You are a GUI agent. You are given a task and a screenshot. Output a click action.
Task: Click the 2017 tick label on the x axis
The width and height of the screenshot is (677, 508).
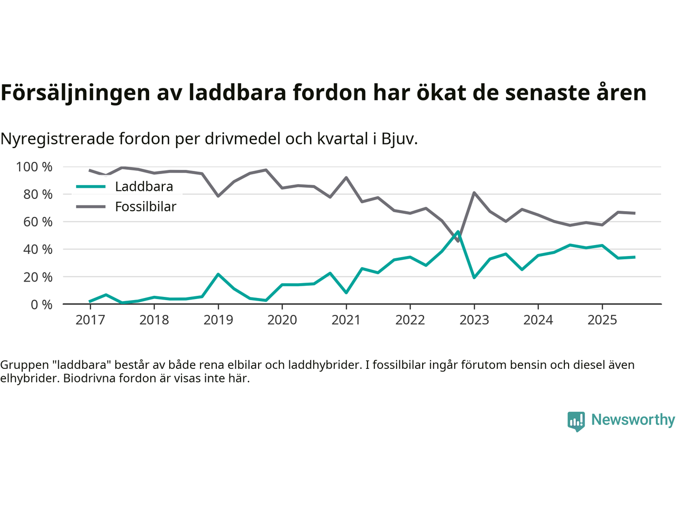pyautogui.click(x=90, y=320)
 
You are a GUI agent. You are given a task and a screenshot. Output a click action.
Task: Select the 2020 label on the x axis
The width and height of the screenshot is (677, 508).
pyautogui.click(x=282, y=320)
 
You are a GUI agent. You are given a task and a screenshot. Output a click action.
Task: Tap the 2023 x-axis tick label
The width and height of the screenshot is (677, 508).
pyautogui.click(x=474, y=320)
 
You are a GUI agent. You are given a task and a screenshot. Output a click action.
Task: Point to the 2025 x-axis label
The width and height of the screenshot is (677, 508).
pyautogui.click(x=602, y=320)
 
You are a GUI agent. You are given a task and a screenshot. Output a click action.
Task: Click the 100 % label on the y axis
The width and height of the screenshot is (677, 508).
pyautogui.click(x=34, y=167)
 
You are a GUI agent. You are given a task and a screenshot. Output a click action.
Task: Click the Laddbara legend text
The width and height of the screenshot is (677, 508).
pyautogui.click(x=144, y=187)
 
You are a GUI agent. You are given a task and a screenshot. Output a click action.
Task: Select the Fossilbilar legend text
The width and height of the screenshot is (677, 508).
pyautogui.click(x=145, y=207)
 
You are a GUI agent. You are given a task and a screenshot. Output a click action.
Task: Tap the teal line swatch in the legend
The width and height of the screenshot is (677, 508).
pyautogui.click(x=91, y=187)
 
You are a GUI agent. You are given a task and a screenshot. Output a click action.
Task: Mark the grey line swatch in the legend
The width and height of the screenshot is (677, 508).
pyautogui.click(x=91, y=207)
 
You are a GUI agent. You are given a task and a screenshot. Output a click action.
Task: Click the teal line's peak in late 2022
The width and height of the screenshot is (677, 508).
pyautogui.click(x=458, y=232)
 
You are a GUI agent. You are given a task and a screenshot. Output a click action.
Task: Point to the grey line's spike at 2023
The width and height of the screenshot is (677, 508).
pyautogui.click(x=474, y=193)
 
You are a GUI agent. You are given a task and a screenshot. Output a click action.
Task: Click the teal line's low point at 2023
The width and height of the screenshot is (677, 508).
pyautogui.click(x=474, y=277)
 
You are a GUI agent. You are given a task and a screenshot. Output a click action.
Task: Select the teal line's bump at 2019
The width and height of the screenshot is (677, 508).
pyautogui.click(x=218, y=274)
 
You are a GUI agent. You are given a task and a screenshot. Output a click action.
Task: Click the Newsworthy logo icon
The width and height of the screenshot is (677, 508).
pyautogui.click(x=576, y=421)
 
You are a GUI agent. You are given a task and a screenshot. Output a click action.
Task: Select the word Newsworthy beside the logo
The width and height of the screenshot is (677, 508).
pyautogui.click(x=633, y=420)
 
